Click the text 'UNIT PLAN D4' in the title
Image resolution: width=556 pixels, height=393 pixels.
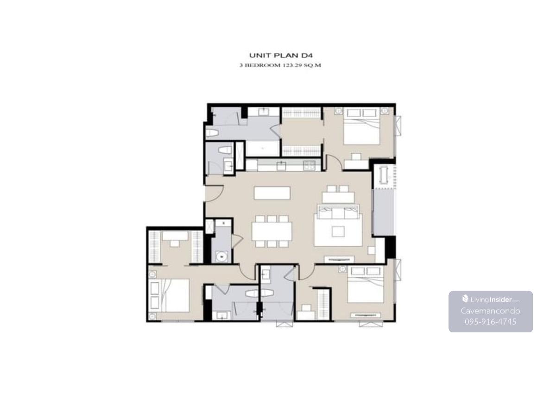pyautogui.click(x=280, y=55)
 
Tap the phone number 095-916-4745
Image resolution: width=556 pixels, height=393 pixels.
pyautogui.click(x=491, y=322)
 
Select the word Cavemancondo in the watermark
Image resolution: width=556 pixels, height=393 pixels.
pyautogui.click(x=491, y=311)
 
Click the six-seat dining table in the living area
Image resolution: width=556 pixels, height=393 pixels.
pyautogui.click(x=272, y=231)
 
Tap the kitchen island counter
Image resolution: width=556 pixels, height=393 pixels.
pyautogui.click(x=272, y=193)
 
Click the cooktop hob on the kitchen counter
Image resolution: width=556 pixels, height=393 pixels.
pyautogui.click(x=309, y=165)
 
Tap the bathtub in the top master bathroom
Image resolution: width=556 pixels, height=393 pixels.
pyautogui.click(x=263, y=148)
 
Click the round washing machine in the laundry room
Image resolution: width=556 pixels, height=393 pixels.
pyautogui.click(x=221, y=256)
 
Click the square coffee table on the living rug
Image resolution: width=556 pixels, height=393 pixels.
pyautogui.click(x=338, y=231)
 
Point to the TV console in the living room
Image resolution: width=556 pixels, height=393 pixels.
pyautogui.click(x=339, y=259)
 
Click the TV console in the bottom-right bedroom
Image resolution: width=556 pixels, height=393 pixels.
pyautogui.click(x=366, y=315)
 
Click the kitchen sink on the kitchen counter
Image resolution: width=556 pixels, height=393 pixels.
pyautogui.click(x=281, y=165)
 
